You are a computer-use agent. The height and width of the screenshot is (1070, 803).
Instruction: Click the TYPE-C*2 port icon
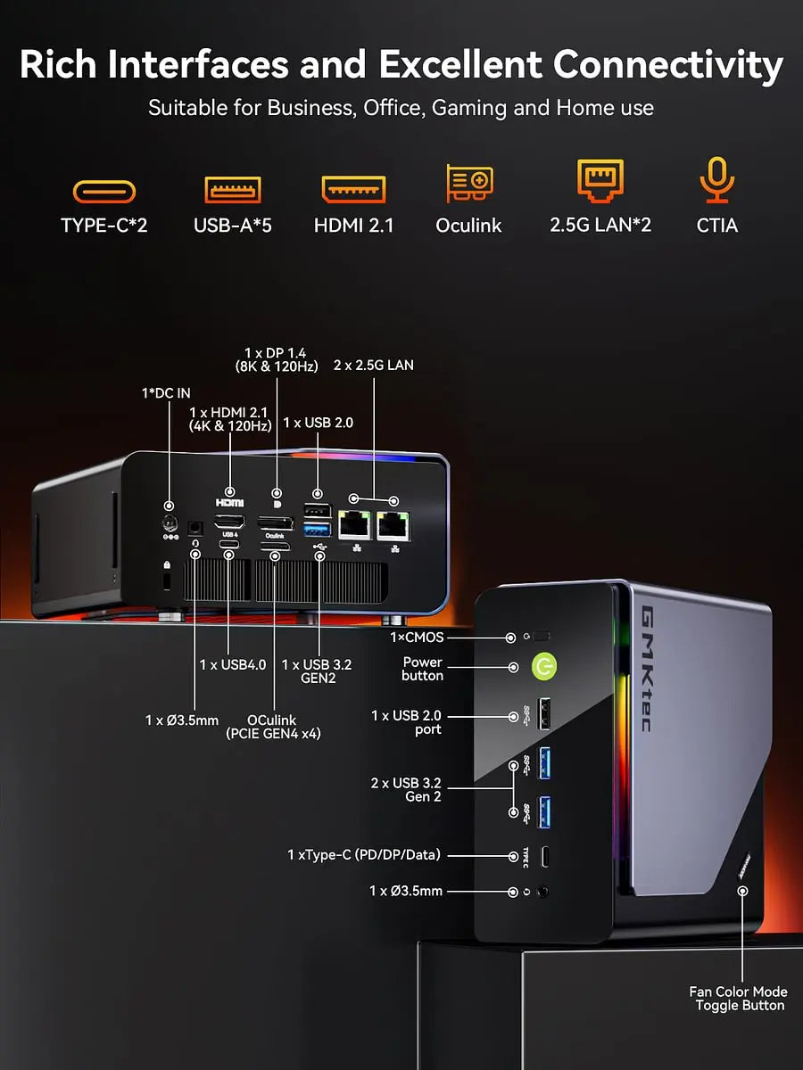click(104, 192)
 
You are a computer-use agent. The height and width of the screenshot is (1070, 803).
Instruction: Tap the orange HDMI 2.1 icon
click(353, 189)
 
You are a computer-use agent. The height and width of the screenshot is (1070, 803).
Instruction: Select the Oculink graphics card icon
click(468, 183)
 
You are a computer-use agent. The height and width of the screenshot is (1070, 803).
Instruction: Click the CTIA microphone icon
click(716, 181)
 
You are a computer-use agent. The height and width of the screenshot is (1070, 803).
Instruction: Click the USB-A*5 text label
click(233, 226)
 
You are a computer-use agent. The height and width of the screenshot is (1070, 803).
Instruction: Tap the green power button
click(544, 666)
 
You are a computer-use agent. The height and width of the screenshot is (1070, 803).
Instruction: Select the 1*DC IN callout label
click(165, 393)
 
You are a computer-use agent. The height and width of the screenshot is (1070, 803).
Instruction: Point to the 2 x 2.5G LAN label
click(372, 365)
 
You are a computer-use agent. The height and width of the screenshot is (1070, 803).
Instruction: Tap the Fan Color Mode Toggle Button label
click(738, 999)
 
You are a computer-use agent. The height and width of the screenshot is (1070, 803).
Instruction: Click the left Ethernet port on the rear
click(355, 525)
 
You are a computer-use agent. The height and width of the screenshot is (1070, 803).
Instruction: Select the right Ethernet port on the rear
click(393, 525)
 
